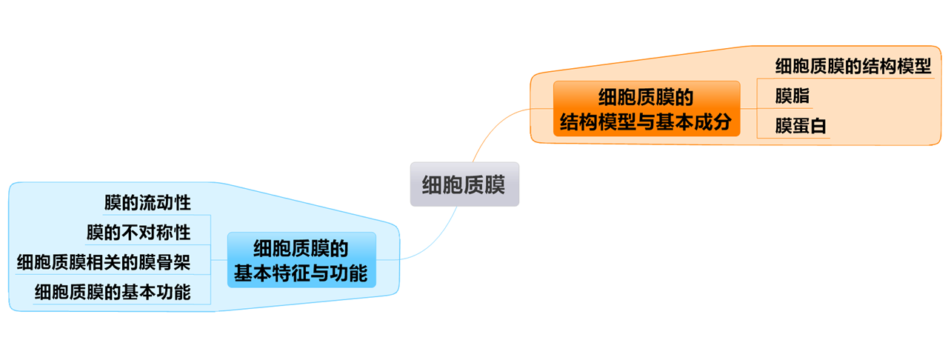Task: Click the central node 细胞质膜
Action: pyautogui.click(x=464, y=184)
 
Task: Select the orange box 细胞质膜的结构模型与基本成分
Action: pyautogui.click(x=646, y=109)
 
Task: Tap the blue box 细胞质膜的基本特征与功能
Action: pyautogui.click(x=301, y=260)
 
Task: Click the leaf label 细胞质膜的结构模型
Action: pyautogui.click(x=852, y=66)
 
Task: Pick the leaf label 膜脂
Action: pyautogui.click(x=792, y=96)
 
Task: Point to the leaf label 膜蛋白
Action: pyautogui.click(x=800, y=127)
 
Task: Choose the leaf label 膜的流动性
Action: pyautogui.click(x=147, y=202)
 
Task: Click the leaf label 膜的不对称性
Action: pyautogui.click(x=138, y=233)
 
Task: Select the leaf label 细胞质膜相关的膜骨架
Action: pyautogui.click(x=104, y=262)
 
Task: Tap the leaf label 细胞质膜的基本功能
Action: pyautogui.click(x=112, y=293)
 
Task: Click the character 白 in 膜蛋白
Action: pyautogui.click(x=818, y=127)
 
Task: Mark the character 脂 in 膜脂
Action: pyautogui.click(x=801, y=96)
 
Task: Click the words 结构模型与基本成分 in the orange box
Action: pyautogui.click(x=646, y=122)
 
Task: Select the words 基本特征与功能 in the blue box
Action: pyautogui.click(x=301, y=273)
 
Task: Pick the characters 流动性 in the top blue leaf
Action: pyautogui.click(x=165, y=202)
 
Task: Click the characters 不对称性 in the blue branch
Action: pyautogui.click(x=156, y=233)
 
